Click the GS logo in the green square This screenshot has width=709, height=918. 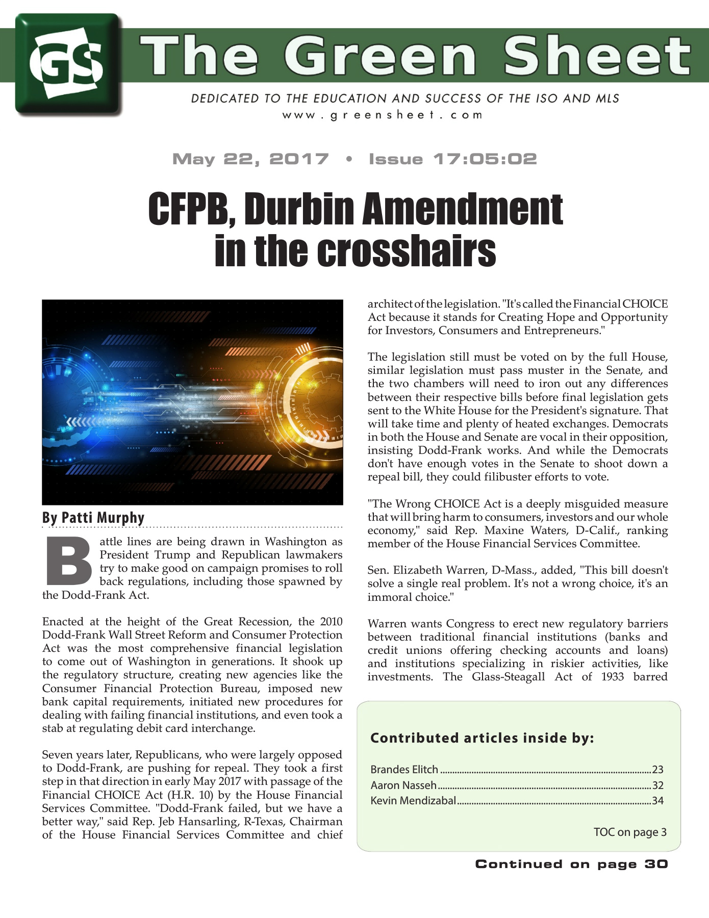click(67, 63)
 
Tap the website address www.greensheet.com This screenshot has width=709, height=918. click(382, 115)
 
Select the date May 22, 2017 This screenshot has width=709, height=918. click(250, 159)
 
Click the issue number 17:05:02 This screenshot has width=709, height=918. click(485, 159)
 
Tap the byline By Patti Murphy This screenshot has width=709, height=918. click(93, 518)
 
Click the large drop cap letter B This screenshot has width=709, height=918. click(69, 561)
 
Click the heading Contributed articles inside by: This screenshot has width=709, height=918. click(482, 738)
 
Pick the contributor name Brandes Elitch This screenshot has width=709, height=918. click(404, 770)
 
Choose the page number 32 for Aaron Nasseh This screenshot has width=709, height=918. click(657, 785)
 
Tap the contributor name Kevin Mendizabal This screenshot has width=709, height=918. click(413, 801)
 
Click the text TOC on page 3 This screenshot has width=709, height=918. click(630, 832)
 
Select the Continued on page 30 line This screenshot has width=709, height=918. click(571, 864)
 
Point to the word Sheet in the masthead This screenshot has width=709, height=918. click(597, 56)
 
